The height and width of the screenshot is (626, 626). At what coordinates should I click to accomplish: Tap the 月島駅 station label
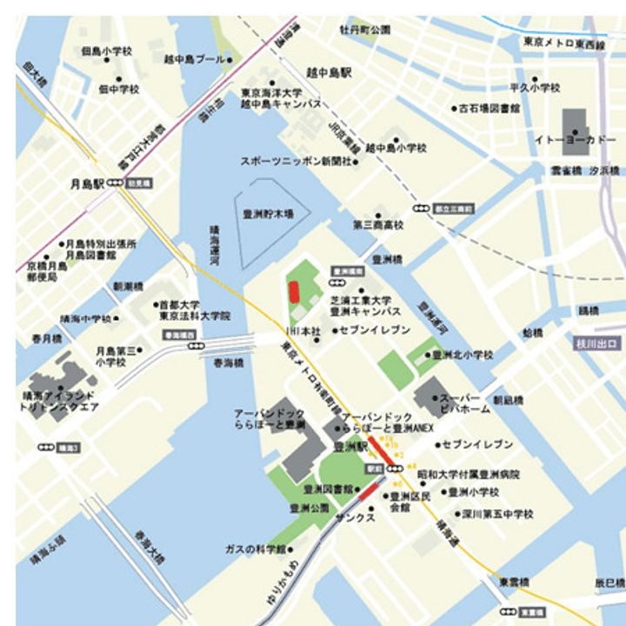click(x=87, y=184)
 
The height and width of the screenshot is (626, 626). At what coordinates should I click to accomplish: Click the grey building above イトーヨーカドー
click(x=576, y=119)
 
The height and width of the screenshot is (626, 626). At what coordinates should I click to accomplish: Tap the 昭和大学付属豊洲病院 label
click(x=469, y=475)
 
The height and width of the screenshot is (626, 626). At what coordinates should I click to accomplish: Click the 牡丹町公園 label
click(x=365, y=30)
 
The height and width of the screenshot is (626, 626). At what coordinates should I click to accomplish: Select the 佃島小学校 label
click(x=106, y=51)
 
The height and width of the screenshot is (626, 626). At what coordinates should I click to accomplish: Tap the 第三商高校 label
click(x=378, y=225)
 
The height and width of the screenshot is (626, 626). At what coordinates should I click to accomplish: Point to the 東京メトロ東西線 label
click(x=564, y=42)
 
